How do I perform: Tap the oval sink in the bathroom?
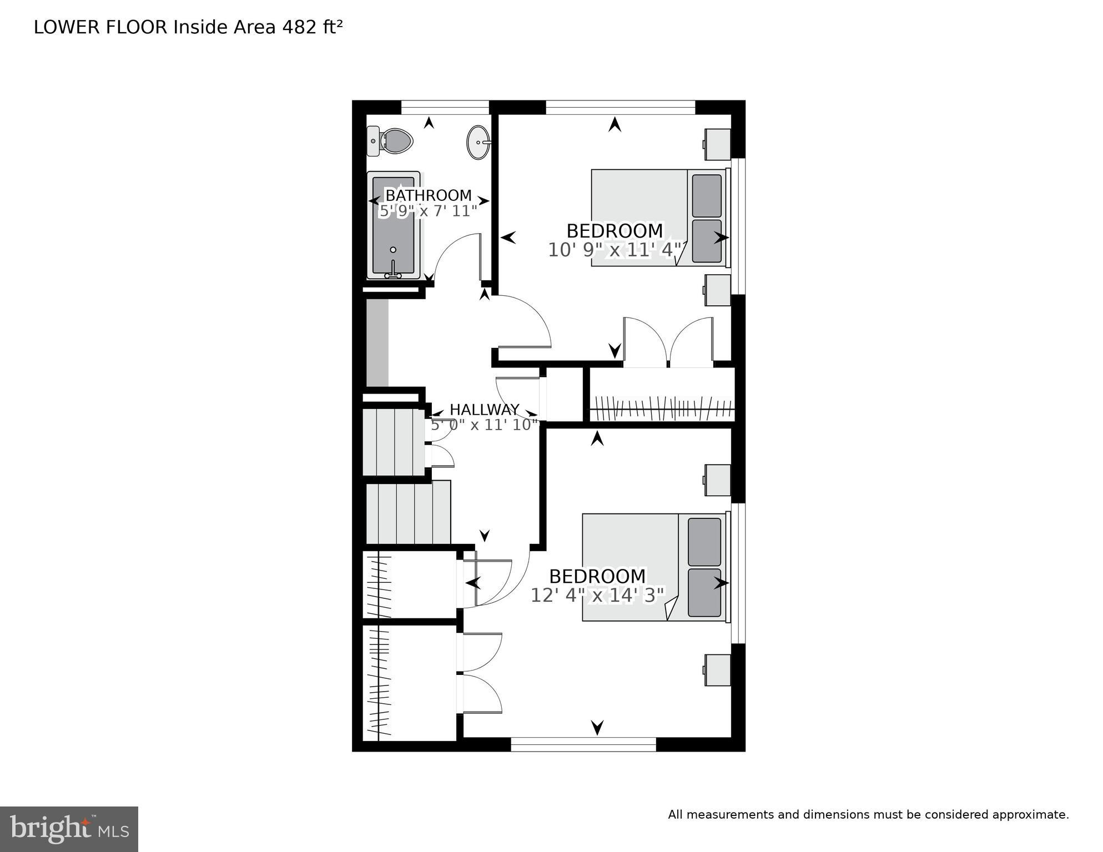[x=478, y=143]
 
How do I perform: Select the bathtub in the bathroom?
[x=393, y=225]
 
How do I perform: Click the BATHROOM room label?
[x=428, y=195]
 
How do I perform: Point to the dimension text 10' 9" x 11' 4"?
[x=615, y=250]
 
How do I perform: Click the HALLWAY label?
[x=484, y=410]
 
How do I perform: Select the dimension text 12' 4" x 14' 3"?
[x=597, y=596]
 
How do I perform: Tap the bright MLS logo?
[x=69, y=829]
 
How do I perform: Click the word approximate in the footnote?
[x=1030, y=815]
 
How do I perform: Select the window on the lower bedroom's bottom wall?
[x=583, y=744]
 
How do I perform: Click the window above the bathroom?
[x=445, y=107]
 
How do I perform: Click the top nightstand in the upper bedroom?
[x=717, y=144]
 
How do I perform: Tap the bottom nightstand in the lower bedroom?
[x=718, y=669]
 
